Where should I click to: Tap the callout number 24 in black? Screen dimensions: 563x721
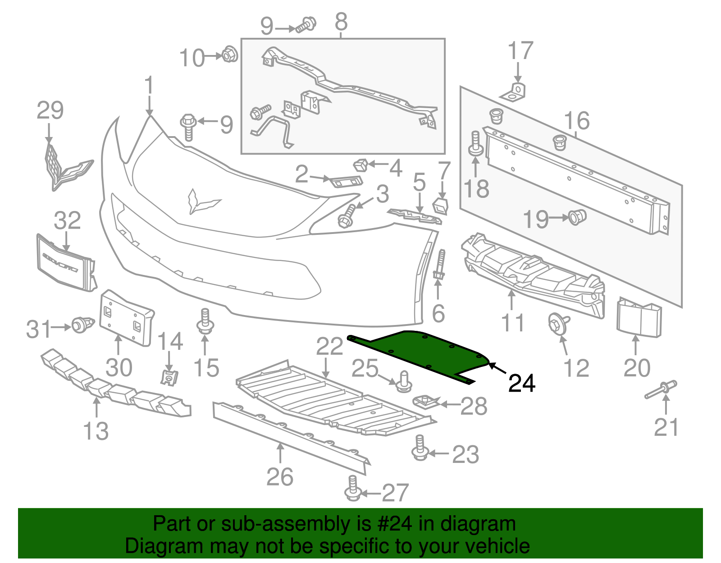tap(521, 383)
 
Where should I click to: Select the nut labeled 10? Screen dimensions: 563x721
tap(230, 55)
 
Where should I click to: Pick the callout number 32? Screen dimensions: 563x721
tap(67, 220)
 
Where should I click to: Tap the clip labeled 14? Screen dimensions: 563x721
tap(169, 377)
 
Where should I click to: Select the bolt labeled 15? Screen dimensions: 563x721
tap(205, 321)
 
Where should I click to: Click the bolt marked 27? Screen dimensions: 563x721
tap(353, 489)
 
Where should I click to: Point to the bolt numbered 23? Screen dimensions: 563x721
tap(420, 448)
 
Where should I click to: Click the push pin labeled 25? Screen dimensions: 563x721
tap(404, 382)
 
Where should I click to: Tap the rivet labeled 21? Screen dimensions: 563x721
tap(661, 390)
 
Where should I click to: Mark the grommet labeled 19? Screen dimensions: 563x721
tap(577, 217)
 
